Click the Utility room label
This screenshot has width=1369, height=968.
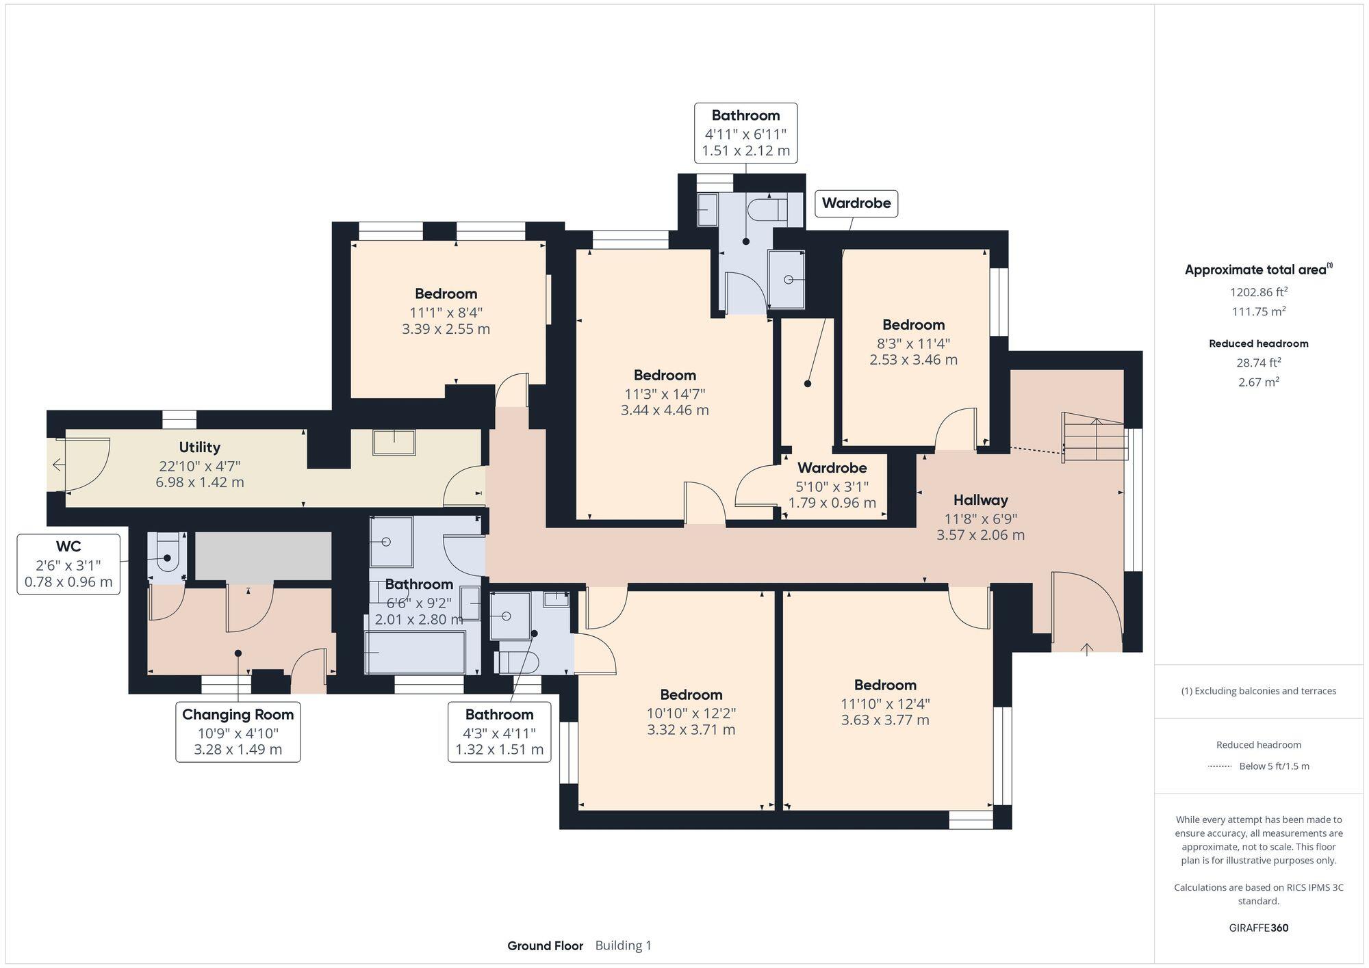[x=199, y=447]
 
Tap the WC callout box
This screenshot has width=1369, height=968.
[x=68, y=564]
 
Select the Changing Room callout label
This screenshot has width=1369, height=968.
[x=238, y=731]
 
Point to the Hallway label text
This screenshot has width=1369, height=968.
[x=980, y=500]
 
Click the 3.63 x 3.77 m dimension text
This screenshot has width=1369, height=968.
[x=885, y=720]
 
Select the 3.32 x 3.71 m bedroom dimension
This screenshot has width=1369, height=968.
[x=691, y=729]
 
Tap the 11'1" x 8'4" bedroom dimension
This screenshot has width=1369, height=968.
[x=446, y=312]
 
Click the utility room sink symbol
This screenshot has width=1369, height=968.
[x=394, y=442]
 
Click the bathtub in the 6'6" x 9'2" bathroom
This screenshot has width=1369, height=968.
[x=415, y=652]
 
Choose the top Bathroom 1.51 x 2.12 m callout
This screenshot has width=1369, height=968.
[x=745, y=133]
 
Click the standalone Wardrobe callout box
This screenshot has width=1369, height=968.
[x=856, y=203]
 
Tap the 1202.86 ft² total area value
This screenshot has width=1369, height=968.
[x=1258, y=292]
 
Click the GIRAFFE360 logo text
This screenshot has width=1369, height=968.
[x=1258, y=928]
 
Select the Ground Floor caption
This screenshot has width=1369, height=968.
[x=545, y=945]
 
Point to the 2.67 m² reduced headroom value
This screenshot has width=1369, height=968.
[x=1258, y=382]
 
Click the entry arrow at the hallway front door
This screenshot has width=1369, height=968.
[x=1087, y=649]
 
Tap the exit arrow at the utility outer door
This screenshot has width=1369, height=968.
[x=58, y=465]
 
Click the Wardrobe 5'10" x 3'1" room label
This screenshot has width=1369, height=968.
[x=832, y=468]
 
